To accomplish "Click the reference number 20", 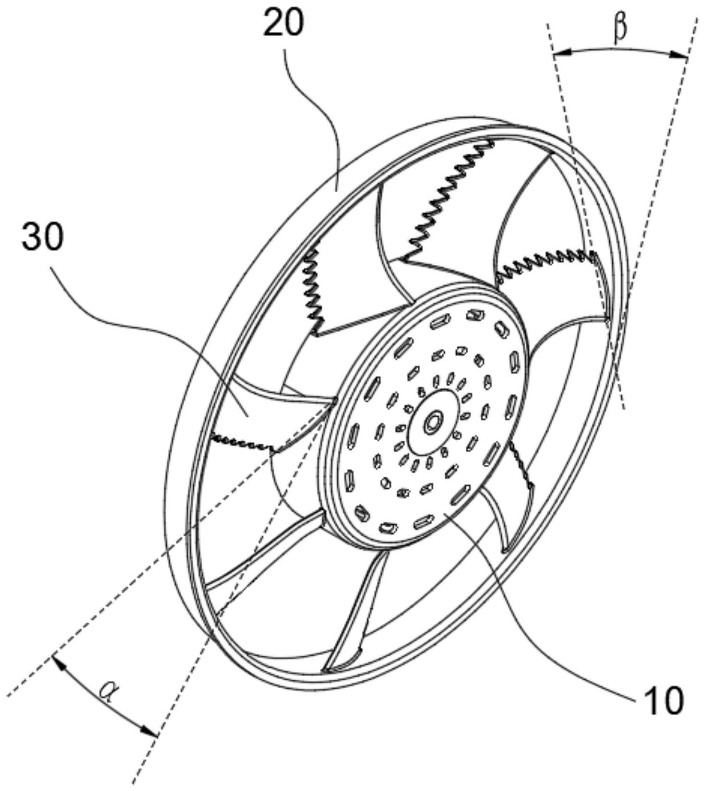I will (283, 23).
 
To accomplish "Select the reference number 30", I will (42, 237).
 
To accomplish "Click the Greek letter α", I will (108, 692).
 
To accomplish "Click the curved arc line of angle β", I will (620, 48).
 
